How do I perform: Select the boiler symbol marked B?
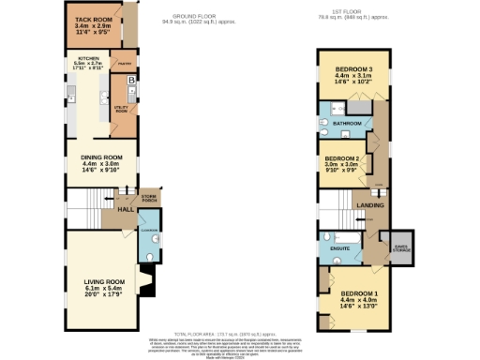130,82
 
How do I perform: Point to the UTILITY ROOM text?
121,110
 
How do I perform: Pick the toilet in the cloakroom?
154,251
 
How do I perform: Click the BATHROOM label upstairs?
352,123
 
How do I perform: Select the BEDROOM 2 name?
342,158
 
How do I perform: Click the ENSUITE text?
339,247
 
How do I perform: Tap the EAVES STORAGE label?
401,246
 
